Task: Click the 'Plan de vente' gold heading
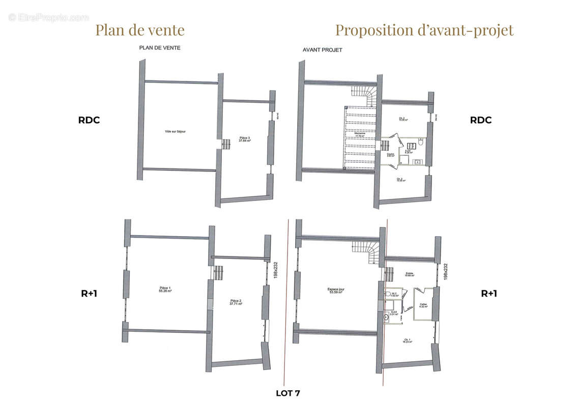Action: coord(140,30)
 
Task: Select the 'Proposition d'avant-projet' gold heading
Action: coord(424,30)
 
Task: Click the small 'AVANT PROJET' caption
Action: coord(322,50)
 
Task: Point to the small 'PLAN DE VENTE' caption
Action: coord(160,48)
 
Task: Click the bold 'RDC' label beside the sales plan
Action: coord(89,121)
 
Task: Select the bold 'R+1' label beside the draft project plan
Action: coord(489,294)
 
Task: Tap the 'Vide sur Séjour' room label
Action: coord(176,131)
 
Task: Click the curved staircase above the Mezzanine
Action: coord(365,96)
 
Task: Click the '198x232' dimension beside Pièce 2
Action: coord(275,270)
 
